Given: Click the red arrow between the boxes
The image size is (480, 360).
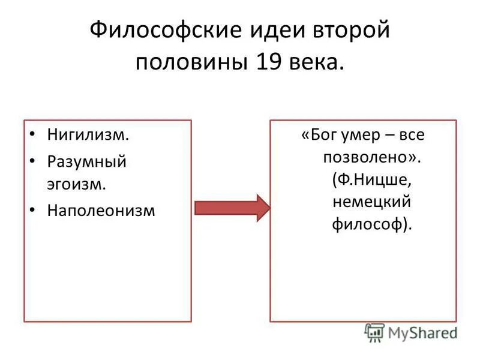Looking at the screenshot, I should pos(232,208).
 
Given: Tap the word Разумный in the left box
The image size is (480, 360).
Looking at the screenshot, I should pos(87,163).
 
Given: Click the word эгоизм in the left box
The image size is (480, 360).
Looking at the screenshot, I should pos(77,184).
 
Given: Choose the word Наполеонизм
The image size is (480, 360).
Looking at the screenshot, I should pos(101,211).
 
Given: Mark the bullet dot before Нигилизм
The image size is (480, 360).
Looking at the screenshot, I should pos(33,134).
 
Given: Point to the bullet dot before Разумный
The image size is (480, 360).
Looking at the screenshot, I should pos(33,161).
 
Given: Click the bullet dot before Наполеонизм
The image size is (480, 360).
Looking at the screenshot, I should pos(33,211).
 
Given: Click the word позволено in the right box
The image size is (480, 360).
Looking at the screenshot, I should pos(361,157).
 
